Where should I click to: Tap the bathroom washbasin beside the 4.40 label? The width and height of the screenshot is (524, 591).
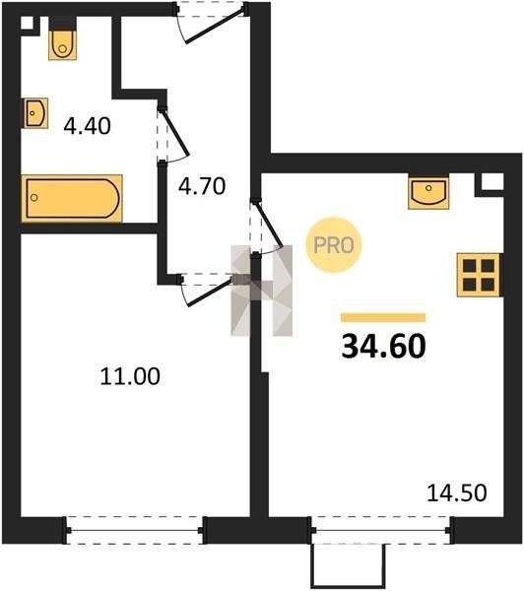(x=36, y=113)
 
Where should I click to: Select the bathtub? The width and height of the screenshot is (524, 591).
(x=72, y=198)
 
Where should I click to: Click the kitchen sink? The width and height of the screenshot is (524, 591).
(x=428, y=192)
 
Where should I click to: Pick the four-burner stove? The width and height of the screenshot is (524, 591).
(x=479, y=275)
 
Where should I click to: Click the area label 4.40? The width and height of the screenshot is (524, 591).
(x=87, y=126)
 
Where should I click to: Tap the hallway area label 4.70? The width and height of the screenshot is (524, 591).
(x=202, y=186)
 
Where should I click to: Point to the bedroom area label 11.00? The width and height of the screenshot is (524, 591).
(x=130, y=376)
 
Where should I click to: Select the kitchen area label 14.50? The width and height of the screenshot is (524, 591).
(x=456, y=492)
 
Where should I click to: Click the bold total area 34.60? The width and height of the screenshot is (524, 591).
(x=383, y=347)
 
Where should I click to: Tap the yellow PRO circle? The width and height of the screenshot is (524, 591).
(x=334, y=245)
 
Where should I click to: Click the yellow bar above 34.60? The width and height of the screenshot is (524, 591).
(x=383, y=318)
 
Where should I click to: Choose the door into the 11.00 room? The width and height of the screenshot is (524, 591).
(x=206, y=289)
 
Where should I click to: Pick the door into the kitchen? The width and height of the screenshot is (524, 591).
(x=266, y=228)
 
